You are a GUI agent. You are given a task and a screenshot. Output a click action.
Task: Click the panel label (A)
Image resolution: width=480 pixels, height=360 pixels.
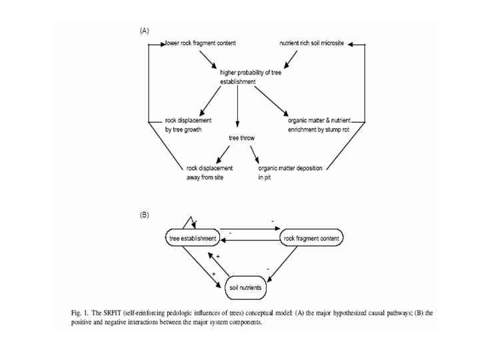pyautogui.click(x=144, y=31)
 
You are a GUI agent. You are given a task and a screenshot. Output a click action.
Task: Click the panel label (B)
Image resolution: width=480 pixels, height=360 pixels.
pyautogui.click(x=144, y=215)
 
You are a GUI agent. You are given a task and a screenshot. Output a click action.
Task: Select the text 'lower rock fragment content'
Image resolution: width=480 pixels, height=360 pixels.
pyautogui.click(x=201, y=43)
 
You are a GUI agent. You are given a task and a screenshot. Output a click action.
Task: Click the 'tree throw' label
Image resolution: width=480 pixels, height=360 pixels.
pyautogui.click(x=241, y=138)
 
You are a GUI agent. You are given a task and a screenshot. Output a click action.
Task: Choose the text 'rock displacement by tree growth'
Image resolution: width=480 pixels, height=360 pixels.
pyautogui.click(x=189, y=125)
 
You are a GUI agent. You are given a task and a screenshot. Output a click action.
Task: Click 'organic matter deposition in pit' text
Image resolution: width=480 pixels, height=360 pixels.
pyautogui.click(x=290, y=173)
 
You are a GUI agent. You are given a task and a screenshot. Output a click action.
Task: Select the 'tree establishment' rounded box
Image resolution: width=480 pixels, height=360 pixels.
pyautogui.click(x=193, y=238)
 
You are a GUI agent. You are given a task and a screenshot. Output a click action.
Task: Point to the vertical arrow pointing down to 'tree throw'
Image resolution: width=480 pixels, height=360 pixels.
pyautogui.click(x=237, y=107)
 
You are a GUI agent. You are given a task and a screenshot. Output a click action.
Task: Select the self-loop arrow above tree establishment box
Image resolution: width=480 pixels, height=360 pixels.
pyautogui.click(x=191, y=223)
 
